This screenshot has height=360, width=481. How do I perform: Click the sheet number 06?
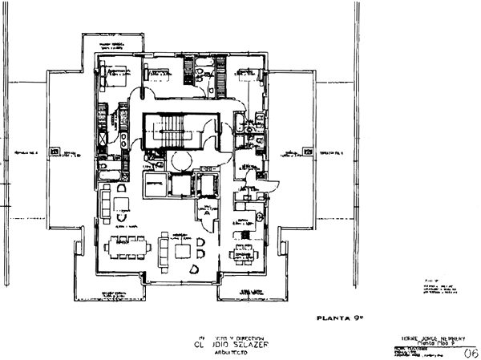coord(471,351)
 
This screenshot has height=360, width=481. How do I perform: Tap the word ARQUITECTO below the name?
coord(228,357)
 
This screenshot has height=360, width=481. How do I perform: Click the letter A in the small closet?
coord(207,214)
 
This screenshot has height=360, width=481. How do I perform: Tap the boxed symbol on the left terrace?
coord(54,150)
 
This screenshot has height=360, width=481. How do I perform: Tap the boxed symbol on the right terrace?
coord(307,150)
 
